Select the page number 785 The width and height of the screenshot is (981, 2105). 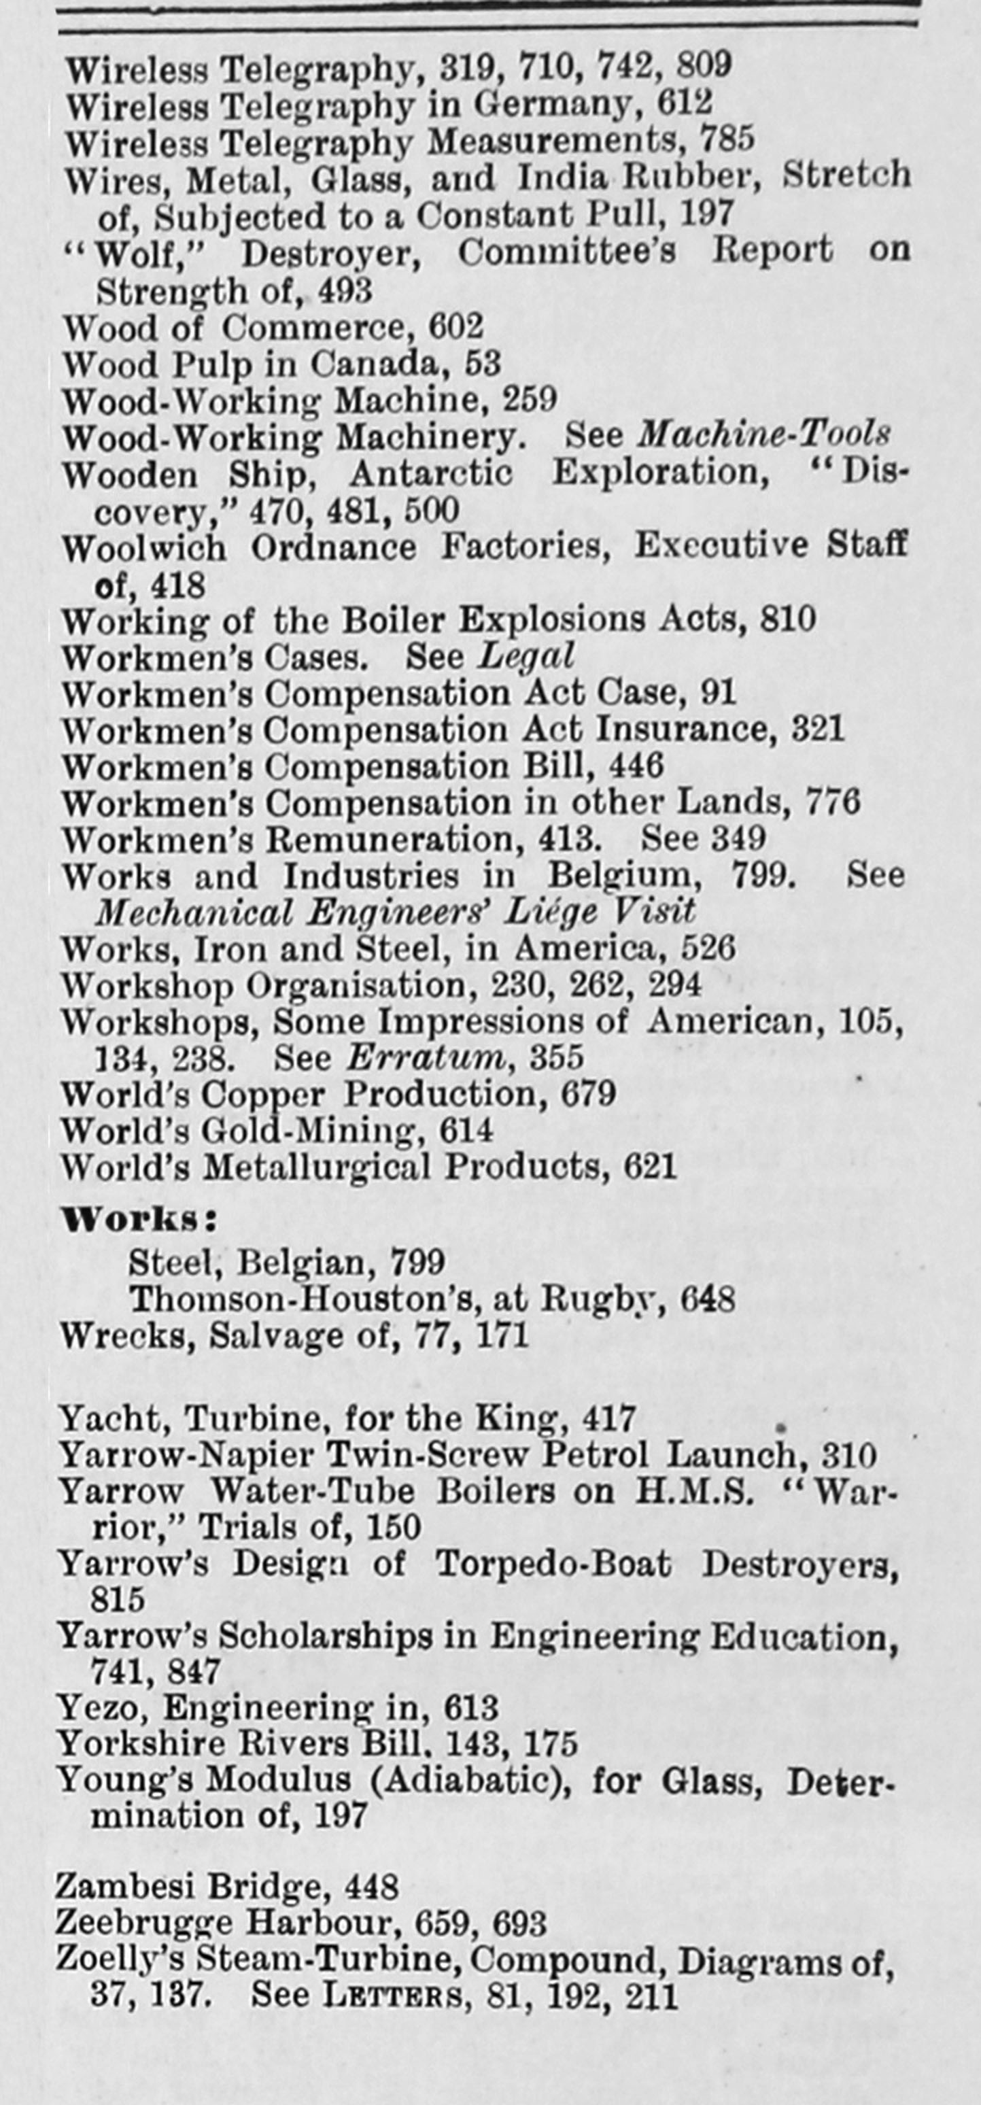click(x=727, y=140)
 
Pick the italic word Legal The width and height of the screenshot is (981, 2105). click(x=526, y=656)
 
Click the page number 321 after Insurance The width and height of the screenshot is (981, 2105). click(x=816, y=729)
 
